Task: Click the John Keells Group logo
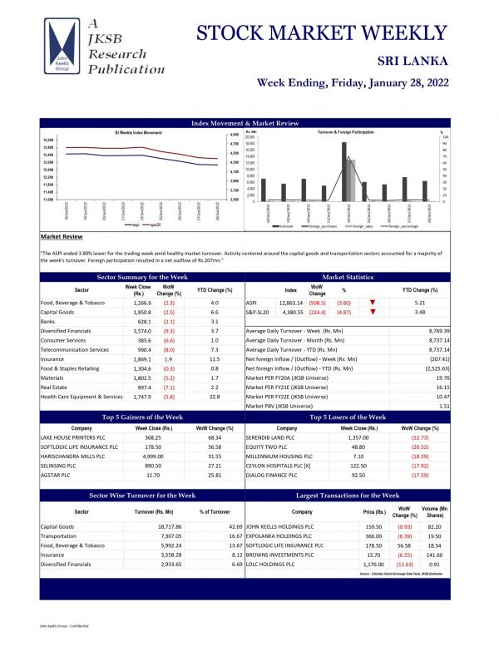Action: point(64,49)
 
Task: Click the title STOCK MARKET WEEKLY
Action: point(323,33)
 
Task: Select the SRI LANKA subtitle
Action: point(413,62)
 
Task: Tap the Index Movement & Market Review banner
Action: point(245,123)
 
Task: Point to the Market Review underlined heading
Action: point(62,236)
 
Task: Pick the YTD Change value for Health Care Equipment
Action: point(214,397)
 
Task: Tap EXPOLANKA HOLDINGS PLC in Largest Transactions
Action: point(285,536)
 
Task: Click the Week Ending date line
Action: point(352,83)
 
